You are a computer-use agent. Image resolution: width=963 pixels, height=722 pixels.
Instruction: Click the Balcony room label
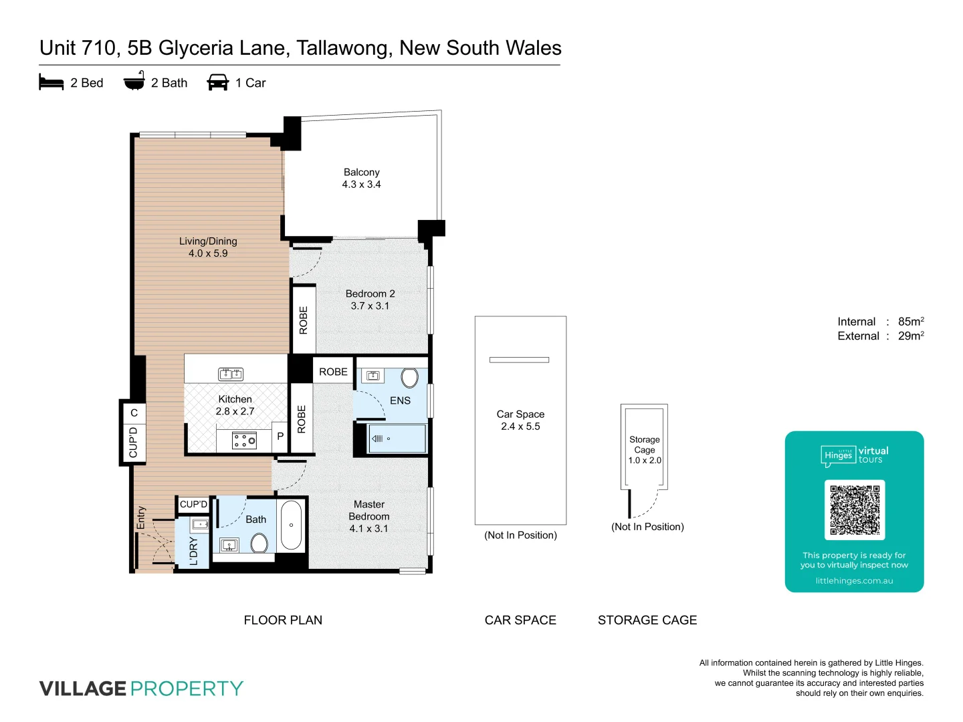[x=361, y=172]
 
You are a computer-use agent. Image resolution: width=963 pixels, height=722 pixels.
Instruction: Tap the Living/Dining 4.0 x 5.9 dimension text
[x=208, y=253]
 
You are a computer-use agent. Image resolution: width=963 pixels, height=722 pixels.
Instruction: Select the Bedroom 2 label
[x=370, y=293]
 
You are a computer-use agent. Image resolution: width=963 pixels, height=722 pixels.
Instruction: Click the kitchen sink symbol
[x=231, y=374]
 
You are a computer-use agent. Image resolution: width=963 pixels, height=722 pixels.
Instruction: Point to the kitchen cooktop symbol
[x=244, y=440]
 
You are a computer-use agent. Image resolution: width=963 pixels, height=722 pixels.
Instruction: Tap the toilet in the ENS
[x=409, y=378]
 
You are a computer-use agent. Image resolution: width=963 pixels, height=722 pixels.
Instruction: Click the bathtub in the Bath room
[x=291, y=525]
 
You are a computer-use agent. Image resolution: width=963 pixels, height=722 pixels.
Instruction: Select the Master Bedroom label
[x=368, y=511]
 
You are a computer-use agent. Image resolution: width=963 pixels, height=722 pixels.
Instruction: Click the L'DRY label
[x=193, y=551]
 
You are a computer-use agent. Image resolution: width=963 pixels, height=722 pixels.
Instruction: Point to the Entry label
[x=141, y=517]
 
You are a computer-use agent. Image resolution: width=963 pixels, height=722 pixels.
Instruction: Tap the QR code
[x=854, y=509]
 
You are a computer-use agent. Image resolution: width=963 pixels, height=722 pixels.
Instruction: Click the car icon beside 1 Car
[x=218, y=82]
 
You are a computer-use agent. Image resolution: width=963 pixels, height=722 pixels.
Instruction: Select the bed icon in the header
[x=51, y=82]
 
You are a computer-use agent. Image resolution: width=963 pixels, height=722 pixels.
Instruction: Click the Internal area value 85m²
[x=910, y=322]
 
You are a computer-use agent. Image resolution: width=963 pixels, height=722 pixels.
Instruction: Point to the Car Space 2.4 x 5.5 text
[x=520, y=420]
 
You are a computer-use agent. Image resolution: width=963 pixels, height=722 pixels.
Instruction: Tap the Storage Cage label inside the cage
[x=644, y=445]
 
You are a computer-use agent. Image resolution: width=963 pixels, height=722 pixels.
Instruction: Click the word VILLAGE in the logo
[x=83, y=689]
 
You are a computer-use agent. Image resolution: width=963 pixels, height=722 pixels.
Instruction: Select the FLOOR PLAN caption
[x=283, y=620]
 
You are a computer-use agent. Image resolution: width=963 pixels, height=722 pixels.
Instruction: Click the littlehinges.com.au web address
[x=854, y=581]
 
